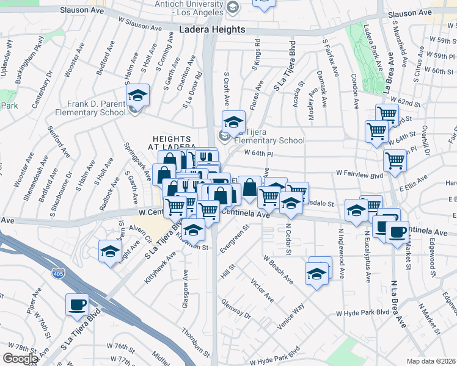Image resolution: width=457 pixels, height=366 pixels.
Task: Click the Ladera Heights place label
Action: coord(212,29)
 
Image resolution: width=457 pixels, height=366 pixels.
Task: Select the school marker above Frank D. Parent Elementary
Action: coord(137,96)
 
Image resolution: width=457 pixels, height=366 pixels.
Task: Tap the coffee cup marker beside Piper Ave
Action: coord(77,305)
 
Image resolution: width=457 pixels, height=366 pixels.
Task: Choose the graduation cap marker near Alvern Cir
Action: coord(110,251)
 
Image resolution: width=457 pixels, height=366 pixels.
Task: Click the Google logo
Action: coord(20,359)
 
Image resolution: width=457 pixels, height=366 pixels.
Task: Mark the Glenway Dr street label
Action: coord(236,309)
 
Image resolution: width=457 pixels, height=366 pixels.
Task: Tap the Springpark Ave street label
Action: coord(137,162)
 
